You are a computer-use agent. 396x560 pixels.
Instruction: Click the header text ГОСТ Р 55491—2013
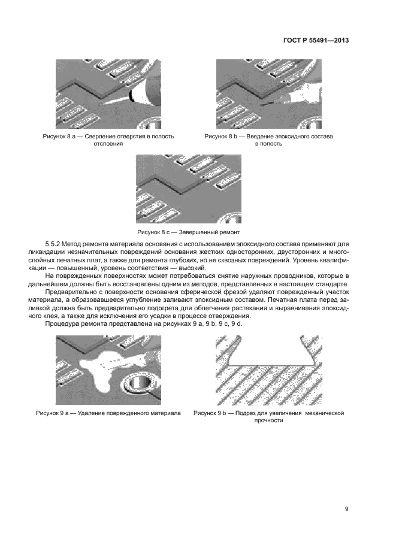coord(316,40)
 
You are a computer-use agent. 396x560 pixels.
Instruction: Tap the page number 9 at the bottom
coord(346,509)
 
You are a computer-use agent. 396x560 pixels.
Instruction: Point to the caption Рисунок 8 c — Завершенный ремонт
coord(189,232)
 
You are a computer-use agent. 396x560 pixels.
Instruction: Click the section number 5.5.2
coord(53,244)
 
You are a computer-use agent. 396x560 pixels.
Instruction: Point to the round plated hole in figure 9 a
coord(137,385)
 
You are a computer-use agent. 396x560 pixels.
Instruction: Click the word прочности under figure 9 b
coord(268,420)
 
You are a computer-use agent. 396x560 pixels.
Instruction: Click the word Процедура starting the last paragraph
coord(61,323)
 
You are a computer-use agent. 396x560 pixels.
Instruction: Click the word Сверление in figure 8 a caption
coord(102,137)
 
